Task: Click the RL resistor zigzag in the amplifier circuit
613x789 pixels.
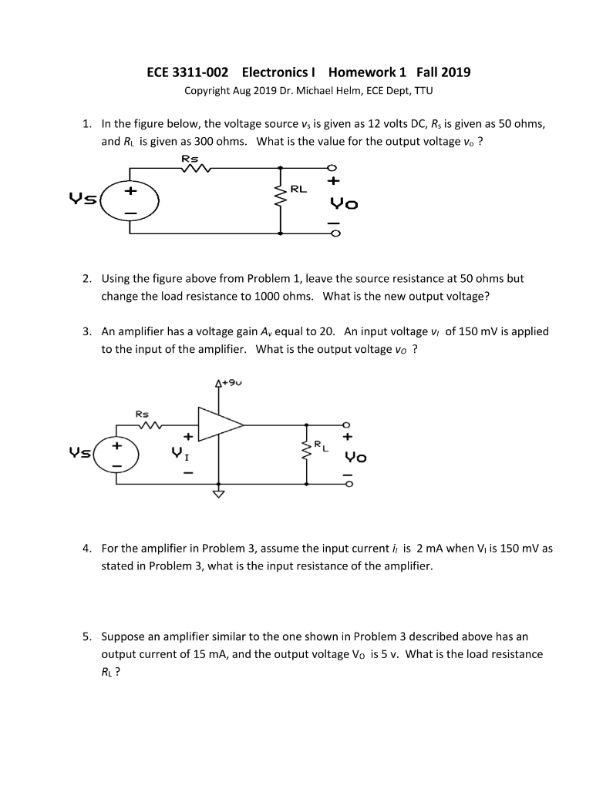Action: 308,453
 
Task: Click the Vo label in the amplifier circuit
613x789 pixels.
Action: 358,456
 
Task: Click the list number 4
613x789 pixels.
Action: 87,549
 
